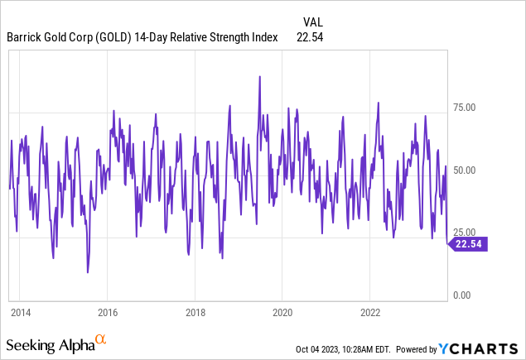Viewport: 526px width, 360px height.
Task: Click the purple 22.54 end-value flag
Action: tap(467, 243)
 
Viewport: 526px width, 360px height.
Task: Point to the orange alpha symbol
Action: tap(101, 339)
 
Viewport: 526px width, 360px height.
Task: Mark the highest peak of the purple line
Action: tap(260, 77)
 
